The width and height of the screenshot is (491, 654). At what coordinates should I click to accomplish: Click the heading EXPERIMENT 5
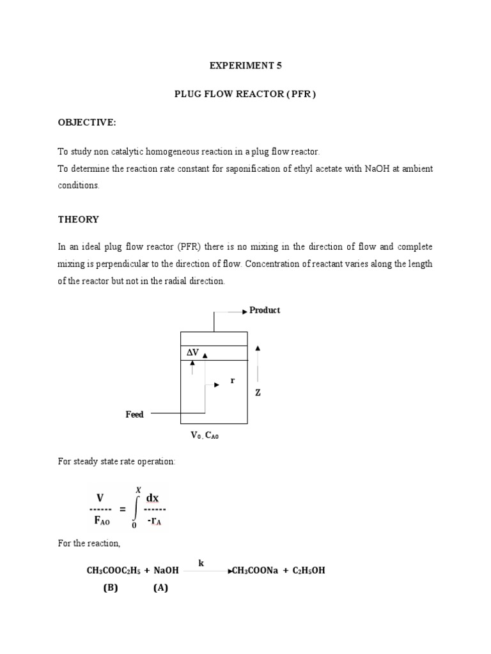click(245, 65)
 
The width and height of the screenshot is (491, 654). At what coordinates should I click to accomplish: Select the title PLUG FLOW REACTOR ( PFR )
click(245, 94)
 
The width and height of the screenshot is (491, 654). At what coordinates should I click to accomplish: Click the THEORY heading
click(78, 219)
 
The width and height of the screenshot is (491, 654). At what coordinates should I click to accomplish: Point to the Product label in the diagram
click(265, 310)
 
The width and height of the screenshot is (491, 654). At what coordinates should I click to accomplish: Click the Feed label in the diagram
click(134, 414)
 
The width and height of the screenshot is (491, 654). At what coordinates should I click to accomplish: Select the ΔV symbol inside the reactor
click(192, 353)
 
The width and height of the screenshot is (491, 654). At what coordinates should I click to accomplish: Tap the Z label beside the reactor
click(258, 393)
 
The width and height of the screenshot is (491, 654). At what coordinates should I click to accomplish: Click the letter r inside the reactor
click(233, 381)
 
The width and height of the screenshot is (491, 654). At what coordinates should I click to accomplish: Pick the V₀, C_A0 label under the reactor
click(210, 436)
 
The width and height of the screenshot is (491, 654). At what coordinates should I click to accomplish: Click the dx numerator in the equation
click(153, 497)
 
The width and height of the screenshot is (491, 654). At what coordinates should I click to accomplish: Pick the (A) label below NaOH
click(160, 589)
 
